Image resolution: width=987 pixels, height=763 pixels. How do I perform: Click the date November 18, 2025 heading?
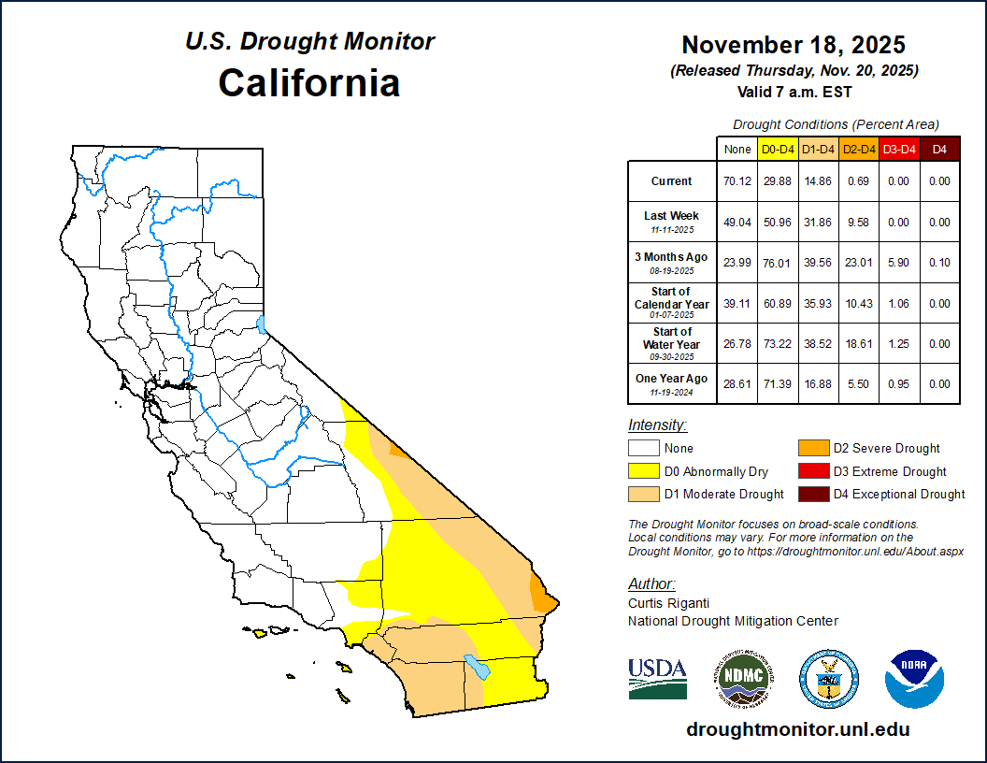click(794, 45)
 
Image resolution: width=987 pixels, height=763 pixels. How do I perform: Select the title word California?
click(309, 82)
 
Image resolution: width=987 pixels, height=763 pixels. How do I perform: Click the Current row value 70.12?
click(737, 181)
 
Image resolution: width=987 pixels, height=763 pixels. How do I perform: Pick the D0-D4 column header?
click(778, 149)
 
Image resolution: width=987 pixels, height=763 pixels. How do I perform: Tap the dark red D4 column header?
click(939, 149)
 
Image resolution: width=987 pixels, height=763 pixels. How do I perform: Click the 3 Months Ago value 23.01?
click(858, 263)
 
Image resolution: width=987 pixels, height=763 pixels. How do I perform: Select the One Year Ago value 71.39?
click(778, 384)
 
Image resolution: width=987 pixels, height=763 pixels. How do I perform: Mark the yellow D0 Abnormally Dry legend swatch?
click(644, 471)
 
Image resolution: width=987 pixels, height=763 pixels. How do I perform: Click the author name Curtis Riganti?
click(667, 603)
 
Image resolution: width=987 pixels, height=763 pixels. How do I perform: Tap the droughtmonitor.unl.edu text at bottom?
click(797, 729)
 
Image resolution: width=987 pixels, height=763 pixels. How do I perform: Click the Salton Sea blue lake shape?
click(478, 668)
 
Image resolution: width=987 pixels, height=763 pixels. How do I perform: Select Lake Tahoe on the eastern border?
click(262, 324)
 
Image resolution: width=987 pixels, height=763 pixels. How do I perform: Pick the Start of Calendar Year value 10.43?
click(858, 303)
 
